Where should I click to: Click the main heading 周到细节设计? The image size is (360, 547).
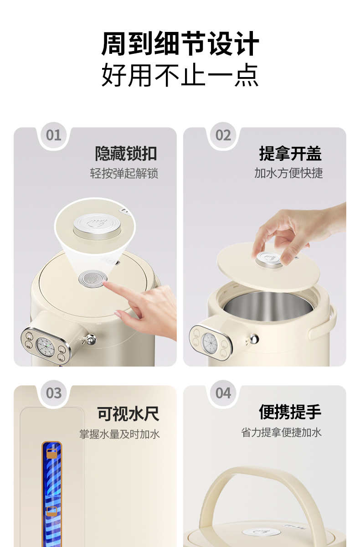coord(180,44)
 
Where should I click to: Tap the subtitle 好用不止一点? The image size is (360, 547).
coord(180,75)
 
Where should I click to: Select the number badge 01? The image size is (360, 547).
coord(54,135)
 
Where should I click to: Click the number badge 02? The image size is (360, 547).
coord(223,135)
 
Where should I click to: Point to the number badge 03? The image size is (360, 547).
coord(54,393)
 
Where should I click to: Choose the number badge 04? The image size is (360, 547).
coord(223,393)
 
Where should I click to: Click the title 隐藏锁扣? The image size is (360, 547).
coord(126,154)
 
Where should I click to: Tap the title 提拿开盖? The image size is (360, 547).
coord(290,154)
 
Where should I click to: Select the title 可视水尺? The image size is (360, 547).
coord(128,414)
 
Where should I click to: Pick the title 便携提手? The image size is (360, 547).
coord(290,412)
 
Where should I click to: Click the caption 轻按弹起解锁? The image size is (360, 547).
coord(124,173)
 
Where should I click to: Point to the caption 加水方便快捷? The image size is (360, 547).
coord(289,173)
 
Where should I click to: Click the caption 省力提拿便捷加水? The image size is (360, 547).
coord(281,432)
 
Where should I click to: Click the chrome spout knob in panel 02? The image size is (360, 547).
coord(253,339)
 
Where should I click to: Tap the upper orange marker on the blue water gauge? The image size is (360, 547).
coord(52,454)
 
